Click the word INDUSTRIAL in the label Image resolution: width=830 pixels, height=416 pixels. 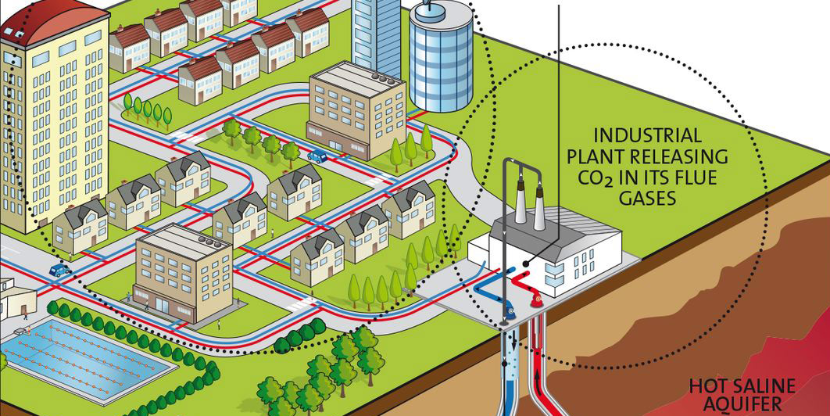coord(647,135)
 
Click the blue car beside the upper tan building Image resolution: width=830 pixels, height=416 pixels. coord(317,156)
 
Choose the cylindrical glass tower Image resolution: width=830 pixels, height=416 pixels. coord(442,59)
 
